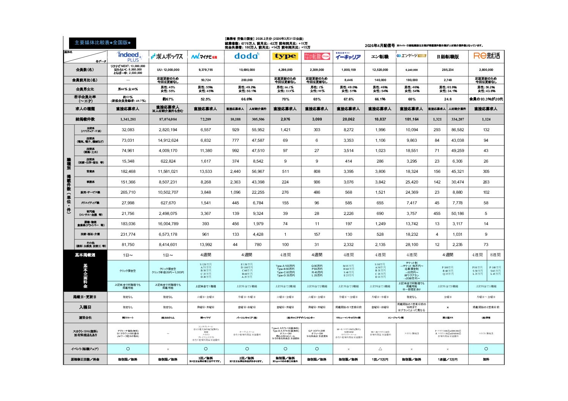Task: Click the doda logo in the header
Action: (x=247, y=56)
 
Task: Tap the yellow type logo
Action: (x=285, y=56)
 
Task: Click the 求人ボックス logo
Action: (x=167, y=56)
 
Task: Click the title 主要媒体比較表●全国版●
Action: (x=102, y=43)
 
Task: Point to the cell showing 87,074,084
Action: (x=168, y=119)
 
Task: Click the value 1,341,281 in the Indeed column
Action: (x=128, y=119)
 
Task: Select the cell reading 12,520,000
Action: (x=380, y=70)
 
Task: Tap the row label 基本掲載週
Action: (x=85, y=255)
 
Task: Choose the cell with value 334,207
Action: (x=458, y=119)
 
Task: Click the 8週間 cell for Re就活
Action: (x=495, y=255)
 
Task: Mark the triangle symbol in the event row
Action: (x=380, y=349)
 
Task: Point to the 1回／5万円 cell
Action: (x=380, y=359)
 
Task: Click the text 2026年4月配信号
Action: (x=380, y=45)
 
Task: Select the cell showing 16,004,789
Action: (x=168, y=224)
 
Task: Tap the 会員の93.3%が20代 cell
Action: (x=486, y=99)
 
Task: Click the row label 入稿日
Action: (x=85, y=307)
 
